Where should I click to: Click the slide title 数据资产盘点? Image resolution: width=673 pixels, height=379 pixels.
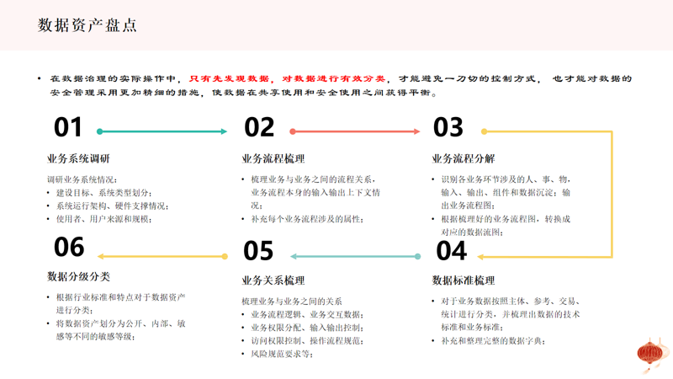click(x=87, y=24)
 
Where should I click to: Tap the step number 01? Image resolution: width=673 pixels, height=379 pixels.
click(x=68, y=127)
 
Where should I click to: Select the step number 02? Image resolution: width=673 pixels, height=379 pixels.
click(x=259, y=127)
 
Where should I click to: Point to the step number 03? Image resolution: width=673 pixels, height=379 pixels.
click(x=448, y=127)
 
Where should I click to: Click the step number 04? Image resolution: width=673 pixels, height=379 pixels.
click(x=451, y=250)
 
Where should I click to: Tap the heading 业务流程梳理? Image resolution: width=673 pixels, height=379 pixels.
click(x=273, y=158)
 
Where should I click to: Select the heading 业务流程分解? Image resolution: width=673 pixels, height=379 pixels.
click(x=464, y=158)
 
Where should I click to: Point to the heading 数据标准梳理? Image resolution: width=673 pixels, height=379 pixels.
click(x=464, y=280)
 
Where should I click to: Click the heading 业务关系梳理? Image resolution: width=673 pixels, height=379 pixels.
click(x=273, y=280)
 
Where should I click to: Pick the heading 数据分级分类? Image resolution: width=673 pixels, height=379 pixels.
click(x=78, y=276)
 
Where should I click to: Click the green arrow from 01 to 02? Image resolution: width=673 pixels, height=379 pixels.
click(x=163, y=131)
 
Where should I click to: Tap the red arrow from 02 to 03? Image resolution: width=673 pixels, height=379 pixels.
click(x=355, y=131)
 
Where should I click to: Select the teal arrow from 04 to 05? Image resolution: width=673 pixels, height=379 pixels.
click(x=354, y=256)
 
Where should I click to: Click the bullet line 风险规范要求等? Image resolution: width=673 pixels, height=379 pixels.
click(x=282, y=354)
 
